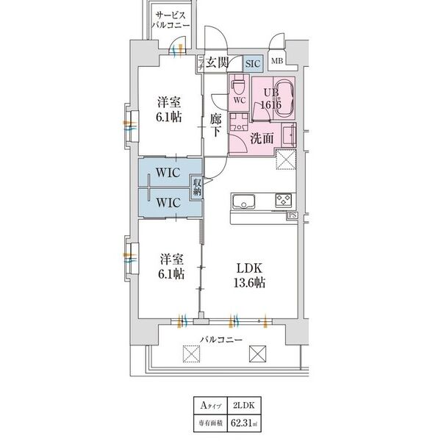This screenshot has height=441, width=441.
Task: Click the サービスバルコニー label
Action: [x=171, y=20]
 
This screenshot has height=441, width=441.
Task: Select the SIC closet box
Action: [x=252, y=64]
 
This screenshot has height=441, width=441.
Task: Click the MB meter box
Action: [x=277, y=62]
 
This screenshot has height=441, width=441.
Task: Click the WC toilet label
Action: [x=238, y=98]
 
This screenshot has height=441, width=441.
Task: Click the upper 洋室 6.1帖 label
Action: [x=170, y=110]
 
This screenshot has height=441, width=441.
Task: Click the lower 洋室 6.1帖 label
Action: [x=170, y=266]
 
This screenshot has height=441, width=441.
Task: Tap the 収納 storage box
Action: [x=198, y=187]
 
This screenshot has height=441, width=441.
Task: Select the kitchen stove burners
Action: [x=284, y=200]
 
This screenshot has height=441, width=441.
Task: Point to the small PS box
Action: [x=293, y=216]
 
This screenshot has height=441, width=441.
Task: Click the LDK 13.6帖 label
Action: [x=250, y=276]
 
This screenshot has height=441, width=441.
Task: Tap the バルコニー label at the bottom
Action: [x=221, y=340]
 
